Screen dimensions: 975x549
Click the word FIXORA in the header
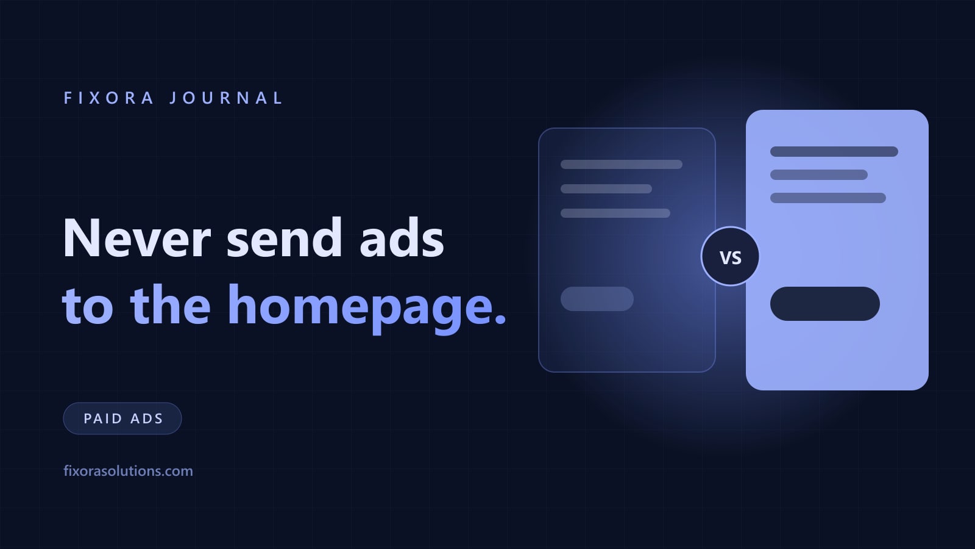(x=109, y=98)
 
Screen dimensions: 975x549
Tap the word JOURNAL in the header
(x=226, y=98)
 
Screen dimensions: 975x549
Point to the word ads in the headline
(x=402, y=238)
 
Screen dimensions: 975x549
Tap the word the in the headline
(x=171, y=304)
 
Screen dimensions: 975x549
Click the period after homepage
(x=500, y=318)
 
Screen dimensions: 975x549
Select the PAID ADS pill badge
(x=122, y=418)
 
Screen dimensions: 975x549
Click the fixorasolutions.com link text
(x=128, y=471)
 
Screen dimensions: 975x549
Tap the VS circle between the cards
(x=731, y=257)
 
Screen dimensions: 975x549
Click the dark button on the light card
(x=825, y=304)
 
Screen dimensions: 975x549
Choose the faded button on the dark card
(x=597, y=299)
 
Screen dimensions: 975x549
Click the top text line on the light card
(x=834, y=152)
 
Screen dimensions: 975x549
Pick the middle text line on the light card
(x=819, y=174)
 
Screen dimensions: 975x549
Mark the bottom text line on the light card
(x=828, y=198)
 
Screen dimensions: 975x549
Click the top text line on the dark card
(x=622, y=164)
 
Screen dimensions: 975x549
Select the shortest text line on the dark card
(x=606, y=188)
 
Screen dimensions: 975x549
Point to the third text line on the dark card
(x=615, y=213)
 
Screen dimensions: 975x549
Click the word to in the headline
(x=88, y=306)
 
